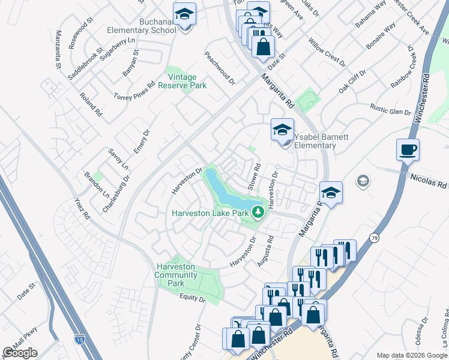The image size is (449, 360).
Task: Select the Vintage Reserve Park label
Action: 187,82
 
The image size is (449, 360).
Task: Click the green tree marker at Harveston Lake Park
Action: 258,212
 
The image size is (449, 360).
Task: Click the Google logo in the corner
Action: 20,353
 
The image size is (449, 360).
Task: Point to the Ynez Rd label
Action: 82,207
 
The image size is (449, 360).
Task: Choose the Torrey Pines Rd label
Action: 134,91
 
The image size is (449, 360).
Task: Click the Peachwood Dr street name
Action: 219,68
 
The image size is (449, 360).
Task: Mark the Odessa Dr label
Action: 424,329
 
